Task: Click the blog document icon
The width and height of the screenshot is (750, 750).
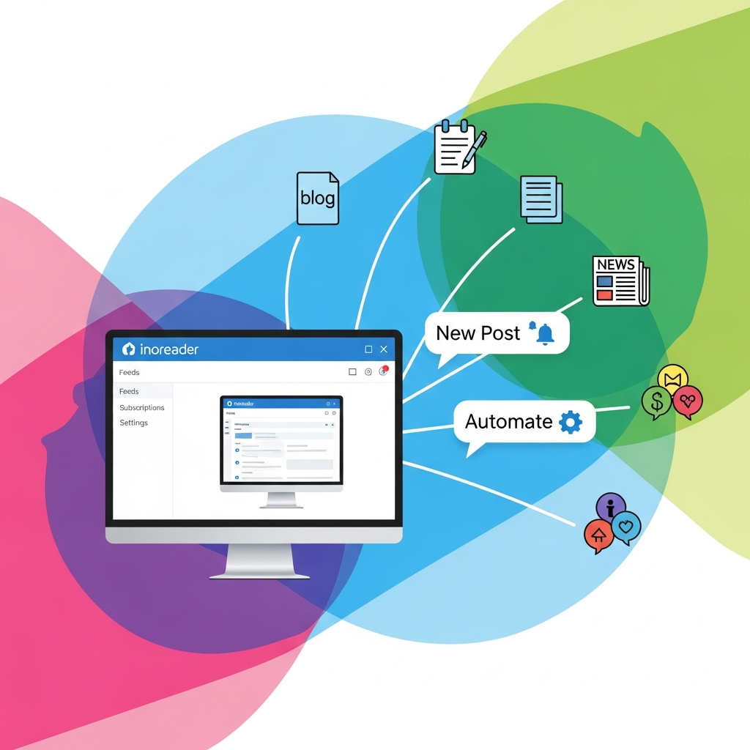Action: click(x=317, y=198)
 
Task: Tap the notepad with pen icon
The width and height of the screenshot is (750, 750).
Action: click(x=458, y=149)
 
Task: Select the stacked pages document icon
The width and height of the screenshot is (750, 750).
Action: click(x=541, y=198)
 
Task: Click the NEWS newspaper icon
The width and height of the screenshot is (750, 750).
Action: click(x=620, y=281)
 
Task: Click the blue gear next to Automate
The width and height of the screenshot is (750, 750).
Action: click(x=570, y=422)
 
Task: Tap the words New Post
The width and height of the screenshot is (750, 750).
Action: click(x=478, y=333)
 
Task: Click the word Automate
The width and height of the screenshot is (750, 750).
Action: click(x=508, y=422)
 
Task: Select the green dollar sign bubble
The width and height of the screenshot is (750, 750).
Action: click(x=656, y=402)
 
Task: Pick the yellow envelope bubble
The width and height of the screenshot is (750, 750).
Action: click(x=673, y=379)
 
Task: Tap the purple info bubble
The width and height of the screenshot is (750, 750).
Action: click(x=611, y=506)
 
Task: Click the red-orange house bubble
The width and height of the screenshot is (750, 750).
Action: click(x=599, y=535)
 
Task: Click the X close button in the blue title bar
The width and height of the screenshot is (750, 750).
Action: click(x=384, y=349)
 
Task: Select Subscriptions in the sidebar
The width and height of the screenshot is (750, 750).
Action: click(x=142, y=407)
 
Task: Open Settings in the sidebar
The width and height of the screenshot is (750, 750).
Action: click(x=134, y=423)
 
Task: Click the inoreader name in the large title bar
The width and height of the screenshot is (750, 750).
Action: click(x=168, y=349)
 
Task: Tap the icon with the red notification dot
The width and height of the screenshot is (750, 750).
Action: click(x=382, y=371)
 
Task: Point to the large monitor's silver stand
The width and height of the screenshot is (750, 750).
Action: click(x=254, y=561)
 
